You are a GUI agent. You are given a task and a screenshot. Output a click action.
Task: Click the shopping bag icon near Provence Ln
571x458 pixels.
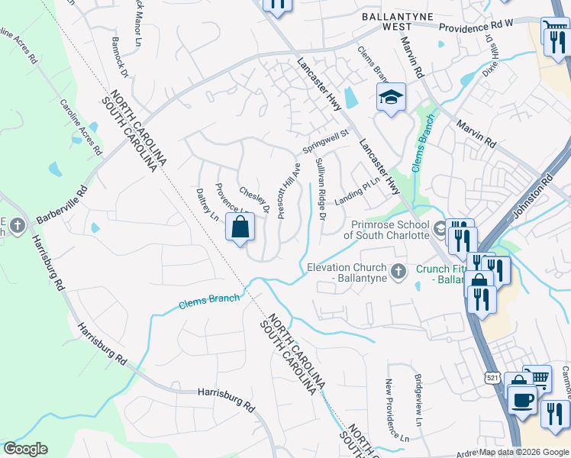(x=240, y=227)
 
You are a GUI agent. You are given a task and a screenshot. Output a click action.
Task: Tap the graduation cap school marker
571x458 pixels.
(x=390, y=98)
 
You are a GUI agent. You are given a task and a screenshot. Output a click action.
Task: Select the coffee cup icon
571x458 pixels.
(x=522, y=399)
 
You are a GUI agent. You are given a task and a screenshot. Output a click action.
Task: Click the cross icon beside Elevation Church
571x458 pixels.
(x=397, y=271)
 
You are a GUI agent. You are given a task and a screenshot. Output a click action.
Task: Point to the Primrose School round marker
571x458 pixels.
(x=440, y=228)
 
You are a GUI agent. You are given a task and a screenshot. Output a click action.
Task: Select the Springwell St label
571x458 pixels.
(x=325, y=140)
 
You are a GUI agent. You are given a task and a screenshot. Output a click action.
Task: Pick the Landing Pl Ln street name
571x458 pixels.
(x=356, y=187)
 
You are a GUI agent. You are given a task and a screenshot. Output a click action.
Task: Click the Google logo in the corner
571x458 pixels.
(x=25, y=449)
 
